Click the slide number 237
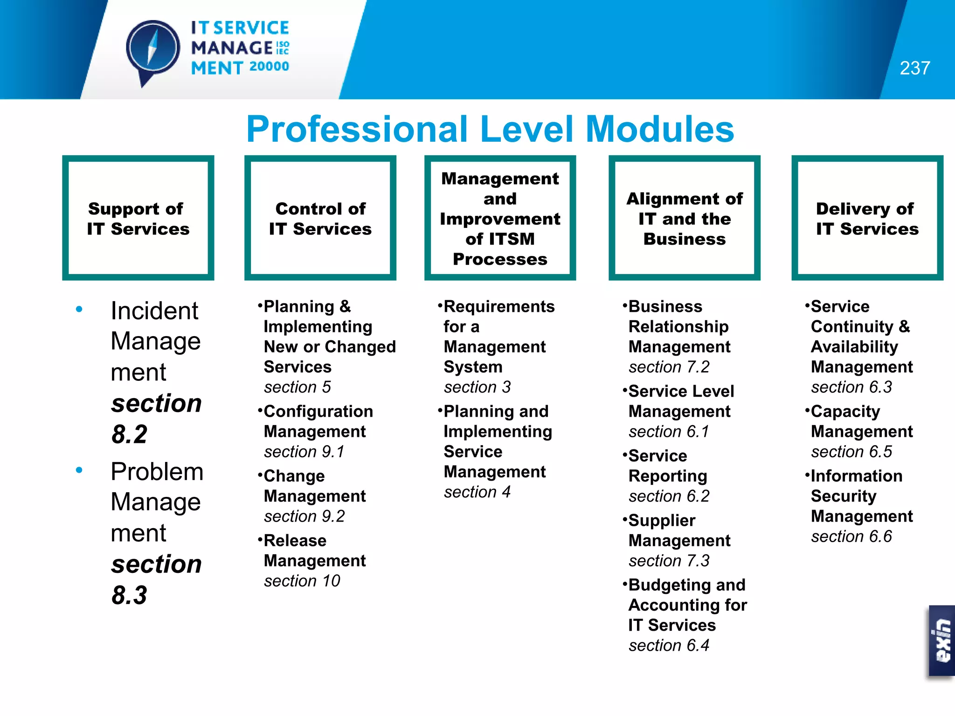[914, 68]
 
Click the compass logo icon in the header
[153, 49]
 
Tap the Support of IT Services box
[138, 218]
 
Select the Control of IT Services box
[320, 218]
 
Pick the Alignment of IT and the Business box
[684, 218]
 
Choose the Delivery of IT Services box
[867, 218]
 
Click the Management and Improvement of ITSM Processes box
[500, 218]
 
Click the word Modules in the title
[659, 129]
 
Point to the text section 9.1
[304, 452]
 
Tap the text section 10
[302, 581]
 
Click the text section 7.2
[669, 367]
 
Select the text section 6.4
[669, 646]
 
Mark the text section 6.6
[851, 537]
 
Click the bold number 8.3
[129, 595]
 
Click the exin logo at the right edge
[942, 640]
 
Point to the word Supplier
[662, 520]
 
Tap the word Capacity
[845, 412]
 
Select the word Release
[295, 541]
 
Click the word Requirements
[499, 307]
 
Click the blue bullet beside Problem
[79, 470]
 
